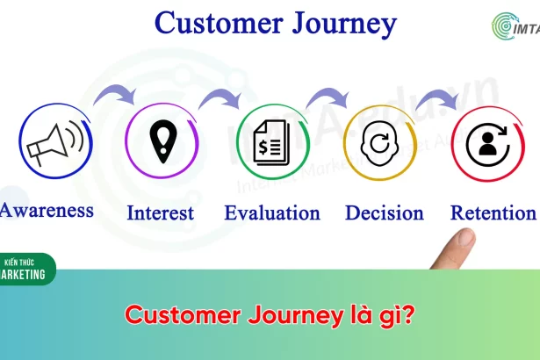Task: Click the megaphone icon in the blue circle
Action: tap(55, 142)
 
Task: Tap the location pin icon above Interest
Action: tap(163, 140)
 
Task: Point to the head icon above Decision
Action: tap(379, 143)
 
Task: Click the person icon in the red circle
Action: tap(488, 144)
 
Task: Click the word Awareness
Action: tap(47, 210)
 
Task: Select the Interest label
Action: tap(160, 212)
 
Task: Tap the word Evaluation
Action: tap(272, 212)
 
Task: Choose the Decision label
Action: tap(385, 212)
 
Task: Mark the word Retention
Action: tap(493, 212)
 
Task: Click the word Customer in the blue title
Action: tap(219, 23)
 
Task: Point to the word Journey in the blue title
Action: tap(344, 24)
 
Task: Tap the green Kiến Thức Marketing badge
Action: tap(25, 269)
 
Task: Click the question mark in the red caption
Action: tap(408, 314)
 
